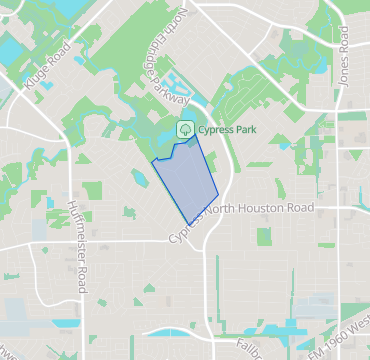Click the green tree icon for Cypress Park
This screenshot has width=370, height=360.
point(184,129)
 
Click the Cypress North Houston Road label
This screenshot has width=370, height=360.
point(242,218)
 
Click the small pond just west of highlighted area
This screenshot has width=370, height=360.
point(137,179)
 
